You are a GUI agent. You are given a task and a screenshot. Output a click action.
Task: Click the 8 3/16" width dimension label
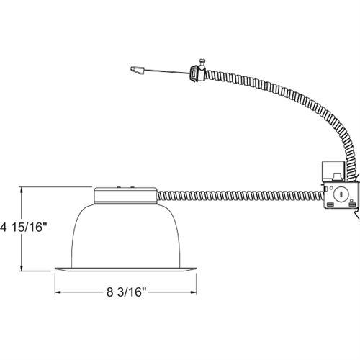click(x=126, y=294)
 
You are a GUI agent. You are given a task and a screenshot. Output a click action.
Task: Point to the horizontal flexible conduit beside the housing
click(x=238, y=194)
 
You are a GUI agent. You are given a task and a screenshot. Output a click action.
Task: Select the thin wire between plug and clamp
click(x=166, y=71)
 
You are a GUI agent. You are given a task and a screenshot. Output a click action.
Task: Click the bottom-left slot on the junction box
click(x=330, y=207)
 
